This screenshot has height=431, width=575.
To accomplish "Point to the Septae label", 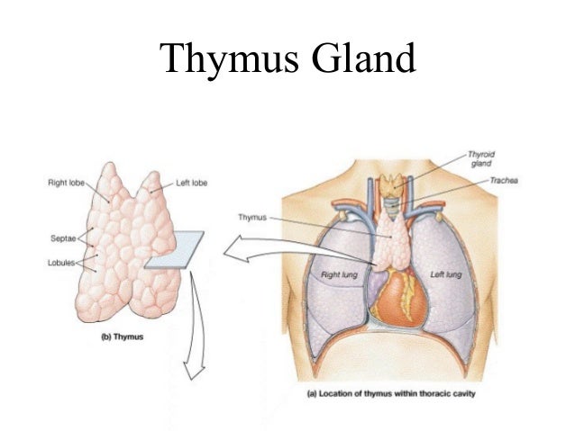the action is [60, 238].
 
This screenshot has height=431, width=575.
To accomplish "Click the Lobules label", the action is [60, 264].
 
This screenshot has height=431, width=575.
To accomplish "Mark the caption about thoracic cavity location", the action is [386, 393].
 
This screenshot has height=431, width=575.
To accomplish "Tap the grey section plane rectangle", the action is [175, 249].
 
